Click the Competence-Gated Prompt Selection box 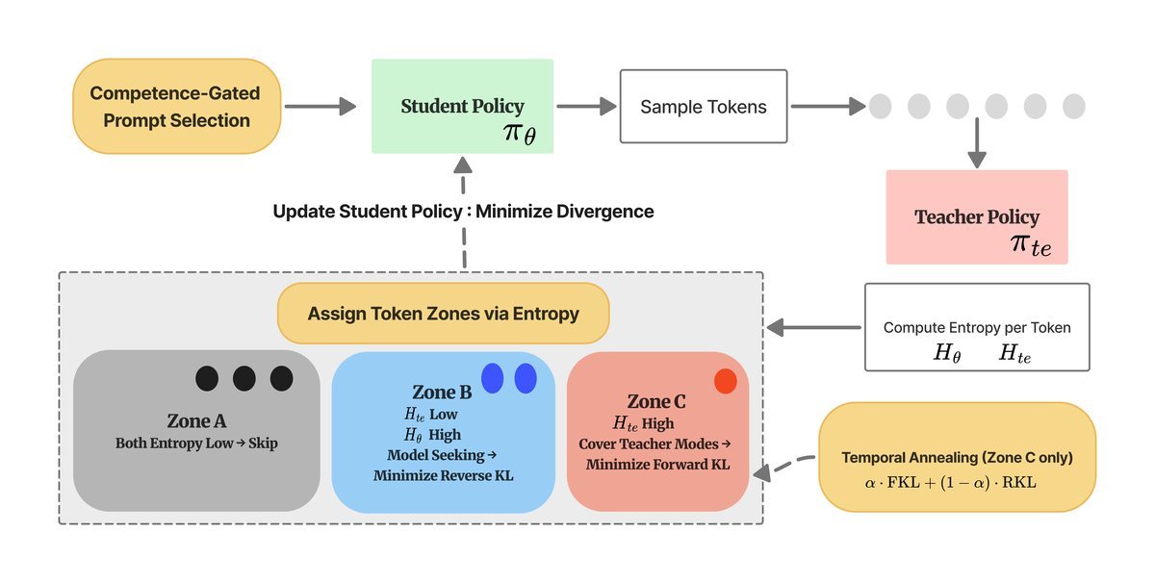coord(177,106)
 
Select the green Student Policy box coord(463,106)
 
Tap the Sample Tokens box coord(704,106)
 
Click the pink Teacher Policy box coord(977,217)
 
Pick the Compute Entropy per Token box coord(977,327)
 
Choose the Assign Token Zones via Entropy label coord(444,314)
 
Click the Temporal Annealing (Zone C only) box coord(957,457)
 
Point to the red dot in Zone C coord(726,381)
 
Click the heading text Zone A coord(196,421)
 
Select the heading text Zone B coord(442,393)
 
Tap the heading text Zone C coord(656,401)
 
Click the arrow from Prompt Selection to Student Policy coord(321,106)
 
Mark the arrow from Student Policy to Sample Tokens coord(587,106)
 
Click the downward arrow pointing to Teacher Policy coord(977,142)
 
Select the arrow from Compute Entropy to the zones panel coord(813,327)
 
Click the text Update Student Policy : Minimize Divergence coord(463,212)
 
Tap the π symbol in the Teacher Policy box coord(1018,242)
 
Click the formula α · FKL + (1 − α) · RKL coord(950,483)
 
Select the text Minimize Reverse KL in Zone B coord(444,475)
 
